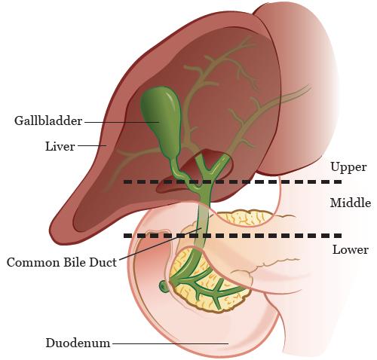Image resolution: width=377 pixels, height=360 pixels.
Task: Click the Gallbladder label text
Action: pyautogui.click(x=48, y=121)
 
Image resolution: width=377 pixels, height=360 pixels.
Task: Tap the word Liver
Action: pyautogui.click(x=60, y=146)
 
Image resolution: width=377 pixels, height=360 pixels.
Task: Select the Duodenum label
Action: pyautogui.click(x=78, y=343)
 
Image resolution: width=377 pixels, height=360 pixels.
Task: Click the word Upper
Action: pyautogui.click(x=348, y=167)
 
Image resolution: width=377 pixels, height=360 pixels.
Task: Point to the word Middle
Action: pyautogui.click(x=351, y=203)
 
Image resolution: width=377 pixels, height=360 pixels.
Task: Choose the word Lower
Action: pyautogui.click(x=351, y=250)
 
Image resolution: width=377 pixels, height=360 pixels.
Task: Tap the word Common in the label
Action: pyautogui.click(x=34, y=263)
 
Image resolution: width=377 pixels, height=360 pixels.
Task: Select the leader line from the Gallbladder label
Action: pyautogui.click(x=122, y=122)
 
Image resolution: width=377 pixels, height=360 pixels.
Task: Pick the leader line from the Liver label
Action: pyautogui.click(x=92, y=145)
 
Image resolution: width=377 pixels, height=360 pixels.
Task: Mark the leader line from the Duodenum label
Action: pyautogui.click(x=170, y=343)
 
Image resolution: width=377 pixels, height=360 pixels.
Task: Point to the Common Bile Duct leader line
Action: pyautogui.click(x=160, y=243)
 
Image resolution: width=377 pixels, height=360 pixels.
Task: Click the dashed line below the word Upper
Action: pyautogui.click(x=232, y=182)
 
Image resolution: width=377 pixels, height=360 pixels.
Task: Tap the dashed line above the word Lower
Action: pyautogui.click(x=232, y=236)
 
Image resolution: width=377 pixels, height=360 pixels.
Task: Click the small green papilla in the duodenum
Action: pyautogui.click(x=164, y=286)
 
